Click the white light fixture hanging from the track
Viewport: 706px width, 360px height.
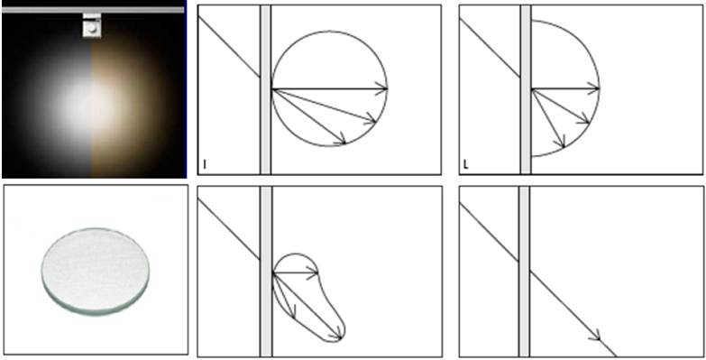point(92,25)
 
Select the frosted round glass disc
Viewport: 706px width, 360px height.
point(96,272)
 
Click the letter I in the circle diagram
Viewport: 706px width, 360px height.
point(205,165)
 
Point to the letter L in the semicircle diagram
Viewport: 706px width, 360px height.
point(465,165)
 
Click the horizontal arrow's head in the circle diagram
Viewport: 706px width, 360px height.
point(381,88)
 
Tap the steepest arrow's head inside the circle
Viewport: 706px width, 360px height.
point(342,139)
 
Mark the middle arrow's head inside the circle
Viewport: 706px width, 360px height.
point(371,118)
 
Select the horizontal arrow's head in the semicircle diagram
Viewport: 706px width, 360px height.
point(594,88)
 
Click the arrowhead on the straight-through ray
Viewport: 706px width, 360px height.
point(596,336)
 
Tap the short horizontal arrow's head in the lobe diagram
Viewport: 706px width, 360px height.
point(313,272)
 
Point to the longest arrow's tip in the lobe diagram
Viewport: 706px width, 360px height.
point(342,338)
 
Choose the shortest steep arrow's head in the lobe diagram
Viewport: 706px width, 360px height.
point(293,312)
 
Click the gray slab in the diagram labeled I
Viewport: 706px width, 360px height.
point(266,89)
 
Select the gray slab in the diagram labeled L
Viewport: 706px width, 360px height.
point(526,89)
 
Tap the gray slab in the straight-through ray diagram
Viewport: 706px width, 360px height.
point(524,272)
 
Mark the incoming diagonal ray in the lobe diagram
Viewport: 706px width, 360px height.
point(229,229)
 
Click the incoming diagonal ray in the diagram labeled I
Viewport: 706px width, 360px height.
point(229,47)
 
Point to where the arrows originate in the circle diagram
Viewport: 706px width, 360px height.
point(272,89)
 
